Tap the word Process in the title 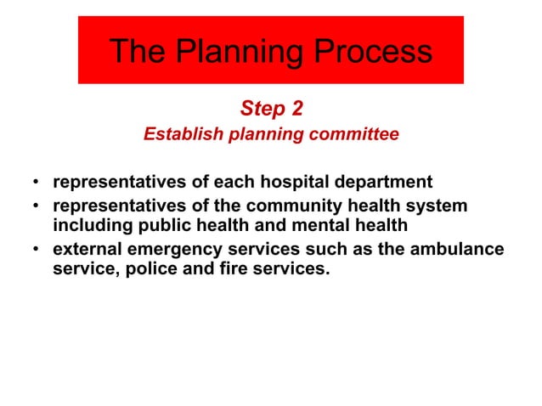[374, 53]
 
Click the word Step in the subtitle [262, 109]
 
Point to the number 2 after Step [295, 109]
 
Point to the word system [438, 206]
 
